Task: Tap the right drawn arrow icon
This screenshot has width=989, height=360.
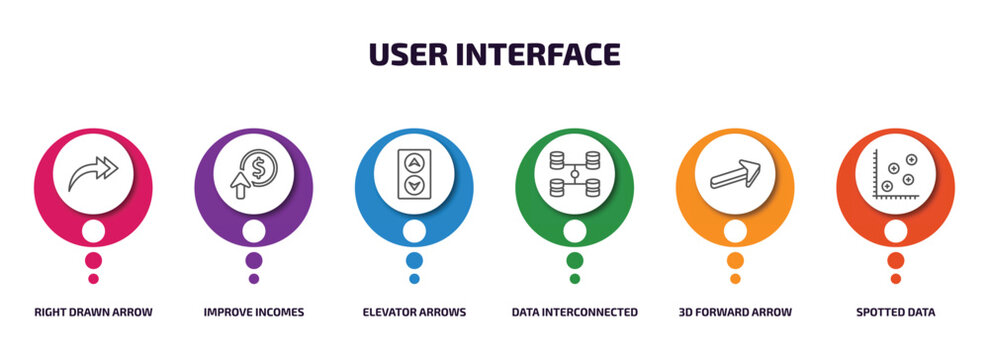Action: coord(93,173)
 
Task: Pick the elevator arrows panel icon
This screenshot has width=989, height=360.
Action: coord(414,172)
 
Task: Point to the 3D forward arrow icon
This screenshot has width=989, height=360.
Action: coord(735,173)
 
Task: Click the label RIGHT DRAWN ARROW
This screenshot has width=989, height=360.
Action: coord(93,312)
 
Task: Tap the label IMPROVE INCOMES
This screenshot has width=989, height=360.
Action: coord(254,312)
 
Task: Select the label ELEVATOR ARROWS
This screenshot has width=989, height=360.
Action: coord(414,312)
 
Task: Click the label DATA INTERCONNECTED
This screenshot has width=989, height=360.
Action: coord(575,312)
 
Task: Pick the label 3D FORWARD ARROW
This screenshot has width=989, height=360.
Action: coord(735,312)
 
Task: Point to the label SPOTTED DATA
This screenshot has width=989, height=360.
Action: coord(896,312)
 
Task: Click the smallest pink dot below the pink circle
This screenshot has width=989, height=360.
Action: coord(93,279)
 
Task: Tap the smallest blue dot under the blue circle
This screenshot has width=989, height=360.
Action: coord(414,279)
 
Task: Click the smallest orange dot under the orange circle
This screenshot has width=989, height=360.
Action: coord(735,279)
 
